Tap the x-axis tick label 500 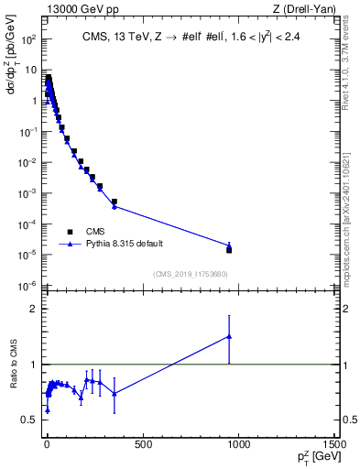[142, 446]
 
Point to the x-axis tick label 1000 [238, 446]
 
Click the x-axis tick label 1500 [333, 446]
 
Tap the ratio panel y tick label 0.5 [28, 420]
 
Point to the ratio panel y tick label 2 [33, 309]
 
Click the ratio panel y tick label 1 [33, 365]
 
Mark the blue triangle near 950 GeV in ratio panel [229, 336]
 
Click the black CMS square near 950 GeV [229, 249]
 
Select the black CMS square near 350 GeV [115, 202]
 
